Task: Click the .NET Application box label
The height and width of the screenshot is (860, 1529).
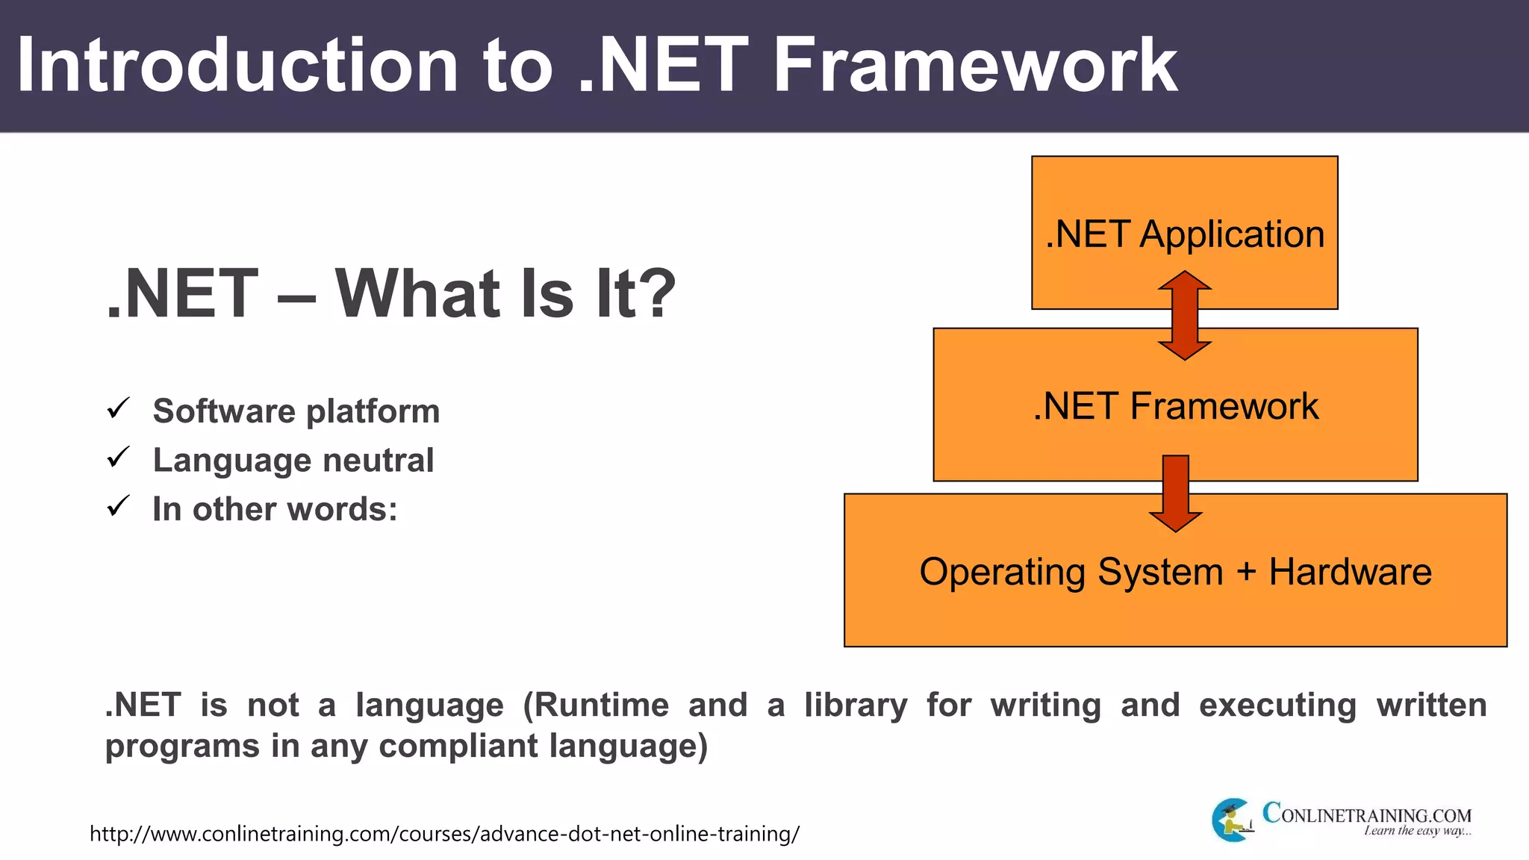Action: click(x=1185, y=234)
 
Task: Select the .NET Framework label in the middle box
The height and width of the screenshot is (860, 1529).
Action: click(x=1175, y=407)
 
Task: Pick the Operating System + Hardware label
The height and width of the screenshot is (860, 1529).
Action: click(x=1175, y=573)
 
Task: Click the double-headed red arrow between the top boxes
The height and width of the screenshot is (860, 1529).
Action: click(x=1185, y=316)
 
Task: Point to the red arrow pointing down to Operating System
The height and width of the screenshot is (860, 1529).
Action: click(x=1176, y=493)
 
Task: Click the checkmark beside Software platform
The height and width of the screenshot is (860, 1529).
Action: click(x=119, y=408)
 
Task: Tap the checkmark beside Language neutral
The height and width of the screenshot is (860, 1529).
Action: click(x=119, y=457)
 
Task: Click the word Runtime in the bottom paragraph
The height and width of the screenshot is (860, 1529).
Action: click(x=601, y=705)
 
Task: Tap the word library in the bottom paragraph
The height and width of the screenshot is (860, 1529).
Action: click(x=856, y=705)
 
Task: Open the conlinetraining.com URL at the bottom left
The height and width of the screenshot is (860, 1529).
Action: click(x=444, y=834)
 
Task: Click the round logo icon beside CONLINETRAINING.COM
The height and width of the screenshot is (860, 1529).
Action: click(x=1232, y=820)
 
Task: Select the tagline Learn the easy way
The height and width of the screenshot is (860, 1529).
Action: click(x=1417, y=831)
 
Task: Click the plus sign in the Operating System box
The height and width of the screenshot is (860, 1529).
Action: click(x=1246, y=573)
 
